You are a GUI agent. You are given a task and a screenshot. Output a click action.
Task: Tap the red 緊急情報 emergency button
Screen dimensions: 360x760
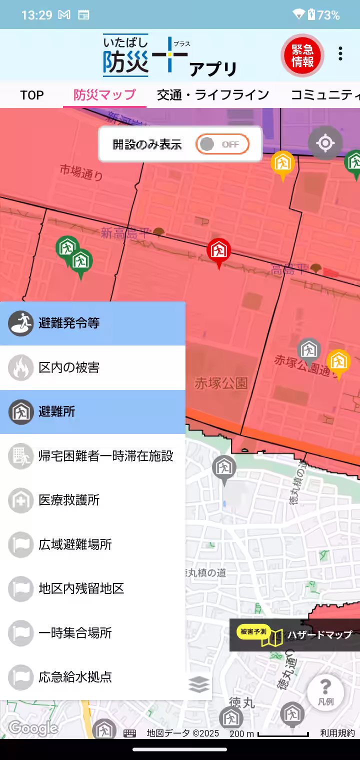pos(302,55)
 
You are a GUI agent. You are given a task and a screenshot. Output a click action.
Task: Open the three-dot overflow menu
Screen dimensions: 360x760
pos(340,54)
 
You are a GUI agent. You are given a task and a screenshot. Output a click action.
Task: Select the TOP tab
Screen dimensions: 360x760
pos(32,95)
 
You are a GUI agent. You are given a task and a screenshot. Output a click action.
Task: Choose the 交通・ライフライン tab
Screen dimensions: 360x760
pos(213,95)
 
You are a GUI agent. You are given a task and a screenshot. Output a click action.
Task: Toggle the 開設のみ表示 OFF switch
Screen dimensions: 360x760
pos(222,144)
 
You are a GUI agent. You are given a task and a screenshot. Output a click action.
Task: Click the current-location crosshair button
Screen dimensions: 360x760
pos(325,143)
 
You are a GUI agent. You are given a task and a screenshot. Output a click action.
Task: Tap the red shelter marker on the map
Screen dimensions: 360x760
pos(218,251)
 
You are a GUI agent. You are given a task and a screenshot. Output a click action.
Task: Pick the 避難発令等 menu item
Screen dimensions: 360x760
pos(92,323)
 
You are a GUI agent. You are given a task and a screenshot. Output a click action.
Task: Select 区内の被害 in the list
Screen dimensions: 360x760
pos(92,367)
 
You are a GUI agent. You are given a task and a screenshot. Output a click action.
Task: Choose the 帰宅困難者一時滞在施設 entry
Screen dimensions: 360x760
pos(92,456)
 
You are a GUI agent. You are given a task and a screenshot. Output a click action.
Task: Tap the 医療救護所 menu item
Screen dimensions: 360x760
pos(92,500)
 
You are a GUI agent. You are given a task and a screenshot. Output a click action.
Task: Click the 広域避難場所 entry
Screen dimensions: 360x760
pos(92,544)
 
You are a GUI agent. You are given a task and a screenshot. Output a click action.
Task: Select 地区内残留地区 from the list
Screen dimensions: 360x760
pos(92,588)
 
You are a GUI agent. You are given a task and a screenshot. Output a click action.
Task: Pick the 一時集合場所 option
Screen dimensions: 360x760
pos(92,633)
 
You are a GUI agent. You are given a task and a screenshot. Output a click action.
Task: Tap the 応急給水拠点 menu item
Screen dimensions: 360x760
pos(92,677)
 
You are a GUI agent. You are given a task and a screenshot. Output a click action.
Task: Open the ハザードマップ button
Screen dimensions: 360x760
pos(295,635)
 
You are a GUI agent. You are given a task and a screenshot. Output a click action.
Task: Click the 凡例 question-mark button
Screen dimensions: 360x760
pos(325,692)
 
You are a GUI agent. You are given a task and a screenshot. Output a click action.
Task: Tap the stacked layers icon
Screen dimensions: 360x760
pos(199,684)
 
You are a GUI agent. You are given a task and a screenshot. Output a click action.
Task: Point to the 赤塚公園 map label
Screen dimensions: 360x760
pos(221,383)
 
